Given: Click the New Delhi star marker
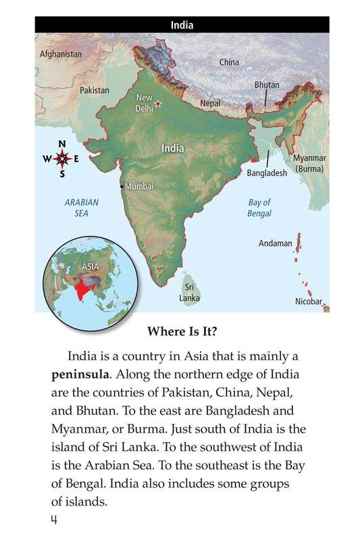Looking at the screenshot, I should point(159,103).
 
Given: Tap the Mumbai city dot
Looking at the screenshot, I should point(122,186).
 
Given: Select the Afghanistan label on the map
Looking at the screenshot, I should point(61,53).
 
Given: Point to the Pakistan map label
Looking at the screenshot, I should point(95,89).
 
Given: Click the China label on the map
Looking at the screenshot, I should point(229,62).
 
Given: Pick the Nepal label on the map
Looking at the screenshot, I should point(210,104).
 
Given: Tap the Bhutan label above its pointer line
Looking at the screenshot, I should point(267,85).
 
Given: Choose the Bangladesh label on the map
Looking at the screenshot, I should point(267,173).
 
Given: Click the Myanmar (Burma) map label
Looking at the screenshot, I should point(309,163).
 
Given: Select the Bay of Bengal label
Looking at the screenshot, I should point(259,208).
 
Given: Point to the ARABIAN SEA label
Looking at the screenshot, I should point(81,208).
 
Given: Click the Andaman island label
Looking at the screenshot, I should point(276,243).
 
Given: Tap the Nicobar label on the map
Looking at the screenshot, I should point(309,301).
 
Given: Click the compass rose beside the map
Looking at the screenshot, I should point(62,160).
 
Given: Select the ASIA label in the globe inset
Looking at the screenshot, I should point(90,266).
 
